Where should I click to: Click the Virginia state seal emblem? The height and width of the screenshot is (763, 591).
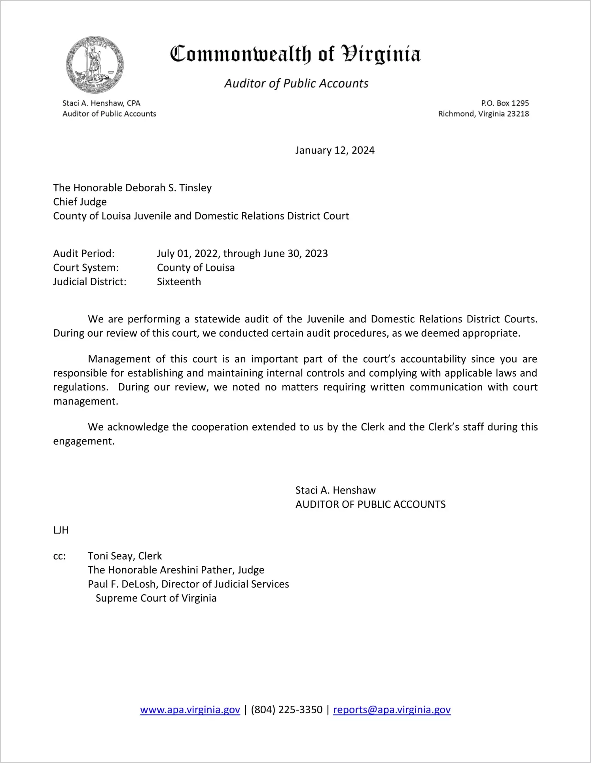point(95,65)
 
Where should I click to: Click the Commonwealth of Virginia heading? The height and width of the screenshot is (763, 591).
point(295,54)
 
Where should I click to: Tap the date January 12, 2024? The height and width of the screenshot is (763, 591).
point(335,151)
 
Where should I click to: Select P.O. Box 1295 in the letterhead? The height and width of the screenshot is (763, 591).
point(505,103)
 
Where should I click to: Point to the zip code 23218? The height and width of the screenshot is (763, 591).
point(518,114)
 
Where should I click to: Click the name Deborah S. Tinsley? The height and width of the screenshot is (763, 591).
point(169,188)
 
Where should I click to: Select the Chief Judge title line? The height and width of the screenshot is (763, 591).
point(80,202)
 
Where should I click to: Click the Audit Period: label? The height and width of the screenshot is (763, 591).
point(84,253)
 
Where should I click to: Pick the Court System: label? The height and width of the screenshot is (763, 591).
point(86,268)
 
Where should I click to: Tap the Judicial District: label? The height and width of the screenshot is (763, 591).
point(90,282)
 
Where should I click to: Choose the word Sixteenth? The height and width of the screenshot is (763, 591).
point(179,282)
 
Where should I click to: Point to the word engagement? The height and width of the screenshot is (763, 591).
point(83,441)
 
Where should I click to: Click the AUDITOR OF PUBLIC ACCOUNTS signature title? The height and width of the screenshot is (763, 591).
point(370,505)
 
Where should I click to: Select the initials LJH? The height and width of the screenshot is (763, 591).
point(61,530)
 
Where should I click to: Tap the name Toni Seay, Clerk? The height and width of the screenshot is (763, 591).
point(125,556)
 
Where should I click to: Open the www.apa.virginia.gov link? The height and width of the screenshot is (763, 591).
point(190,710)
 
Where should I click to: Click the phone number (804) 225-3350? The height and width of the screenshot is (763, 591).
point(286,710)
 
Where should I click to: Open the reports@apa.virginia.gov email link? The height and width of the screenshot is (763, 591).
point(392,710)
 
